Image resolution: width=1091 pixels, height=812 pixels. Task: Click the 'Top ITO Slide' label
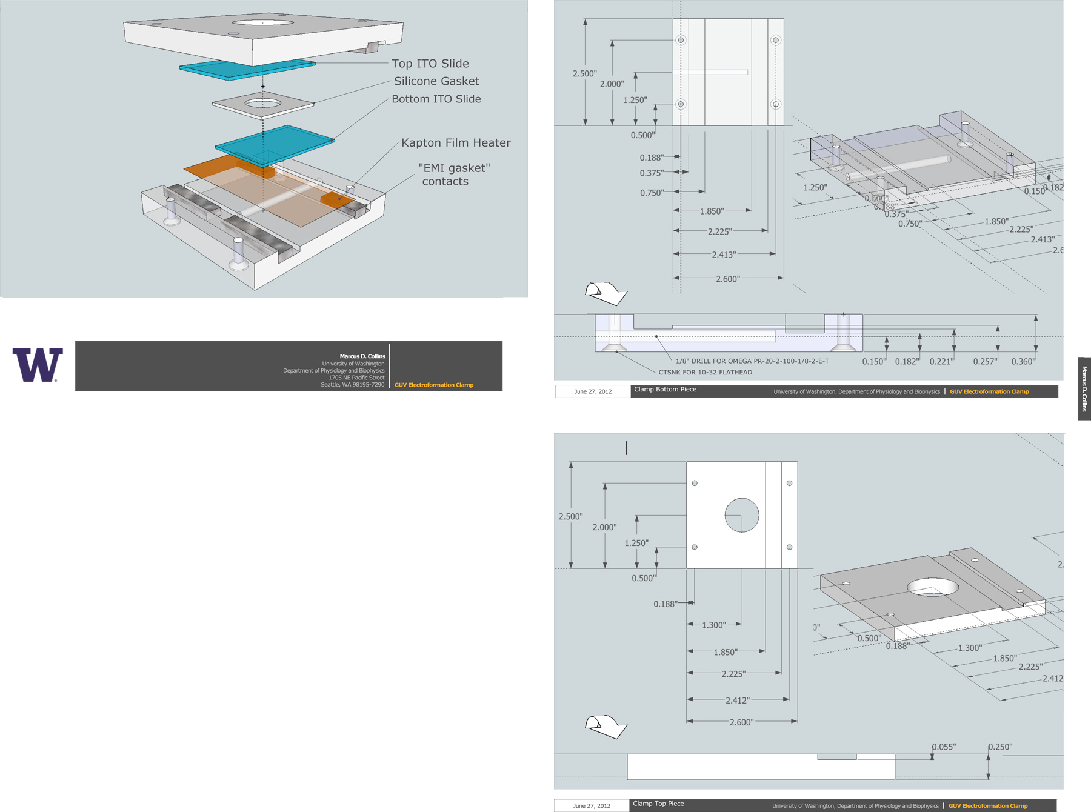pos(430,64)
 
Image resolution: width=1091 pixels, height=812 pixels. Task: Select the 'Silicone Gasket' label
pos(436,81)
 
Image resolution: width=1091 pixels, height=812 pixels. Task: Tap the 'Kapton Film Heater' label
pos(456,143)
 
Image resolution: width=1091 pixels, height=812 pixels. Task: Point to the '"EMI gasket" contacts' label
pos(453,175)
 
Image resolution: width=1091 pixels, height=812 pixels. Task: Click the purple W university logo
pos(38,365)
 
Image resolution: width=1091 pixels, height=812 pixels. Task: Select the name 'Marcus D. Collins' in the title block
pos(362,356)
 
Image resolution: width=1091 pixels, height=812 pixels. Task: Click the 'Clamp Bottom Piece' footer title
pos(665,390)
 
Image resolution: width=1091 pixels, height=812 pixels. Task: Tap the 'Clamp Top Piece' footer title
pos(658,804)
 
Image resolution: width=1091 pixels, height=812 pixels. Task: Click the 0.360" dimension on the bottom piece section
pos(1023,362)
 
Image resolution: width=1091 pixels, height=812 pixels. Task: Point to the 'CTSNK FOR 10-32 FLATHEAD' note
pos(705,373)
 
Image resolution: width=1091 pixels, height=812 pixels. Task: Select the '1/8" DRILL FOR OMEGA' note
pos(752,361)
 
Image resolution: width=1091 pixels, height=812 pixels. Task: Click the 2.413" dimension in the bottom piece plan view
pos(724,255)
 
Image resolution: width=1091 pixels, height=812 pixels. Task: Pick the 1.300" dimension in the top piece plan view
pos(713,625)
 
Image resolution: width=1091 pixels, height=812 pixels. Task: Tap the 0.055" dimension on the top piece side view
pos(944,747)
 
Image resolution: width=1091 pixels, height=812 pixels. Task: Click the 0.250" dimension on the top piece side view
pos(1000,747)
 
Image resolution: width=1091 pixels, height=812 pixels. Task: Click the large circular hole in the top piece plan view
pos(742,515)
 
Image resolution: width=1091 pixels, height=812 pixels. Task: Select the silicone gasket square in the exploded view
pos(263,104)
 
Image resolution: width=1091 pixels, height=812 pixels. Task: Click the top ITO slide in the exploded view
pos(247,68)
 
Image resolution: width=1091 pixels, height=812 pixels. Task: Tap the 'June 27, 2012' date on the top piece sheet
pos(592,806)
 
